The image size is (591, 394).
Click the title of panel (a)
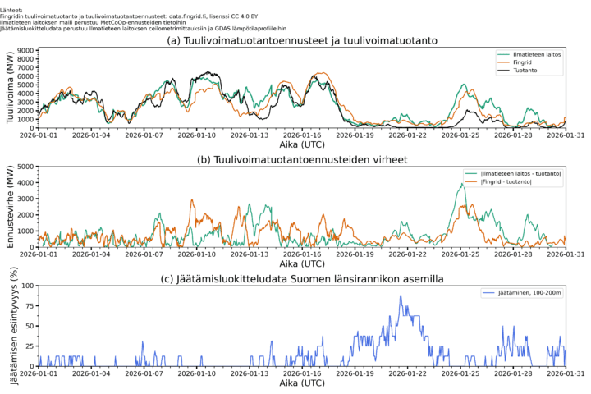(x=300, y=40)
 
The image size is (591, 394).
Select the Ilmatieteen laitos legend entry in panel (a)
(x=534, y=56)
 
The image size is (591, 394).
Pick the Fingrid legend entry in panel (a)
(x=525, y=64)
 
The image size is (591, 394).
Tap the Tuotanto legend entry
(x=527, y=72)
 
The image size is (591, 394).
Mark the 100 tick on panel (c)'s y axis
(x=27, y=286)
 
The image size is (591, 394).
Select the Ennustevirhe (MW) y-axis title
(x=9, y=207)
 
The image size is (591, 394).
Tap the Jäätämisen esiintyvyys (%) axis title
(x=11, y=326)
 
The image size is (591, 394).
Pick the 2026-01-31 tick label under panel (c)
(x=566, y=374)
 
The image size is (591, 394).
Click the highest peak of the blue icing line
(x=401, y=296)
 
